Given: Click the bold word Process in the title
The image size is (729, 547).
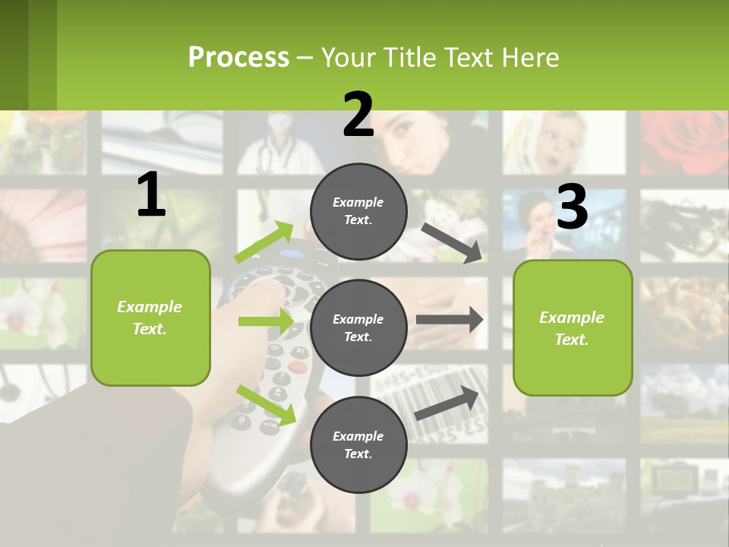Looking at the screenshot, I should coord(238,57).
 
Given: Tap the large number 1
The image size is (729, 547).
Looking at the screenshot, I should coord(151,195).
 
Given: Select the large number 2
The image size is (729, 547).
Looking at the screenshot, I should coord(358,115).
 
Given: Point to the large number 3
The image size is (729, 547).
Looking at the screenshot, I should coord(573,207).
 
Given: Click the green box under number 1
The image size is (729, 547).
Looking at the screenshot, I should coord(150,318).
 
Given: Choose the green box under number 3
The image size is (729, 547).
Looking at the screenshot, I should coord(573,327).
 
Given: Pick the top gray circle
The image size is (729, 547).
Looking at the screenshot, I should coord(358,211).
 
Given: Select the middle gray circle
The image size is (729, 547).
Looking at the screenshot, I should coord(358,327).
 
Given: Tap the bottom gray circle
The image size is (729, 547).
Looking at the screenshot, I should coord(358,444).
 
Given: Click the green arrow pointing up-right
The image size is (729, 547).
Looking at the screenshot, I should coord(264,242).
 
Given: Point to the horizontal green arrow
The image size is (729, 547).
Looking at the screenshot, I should coord(266,321).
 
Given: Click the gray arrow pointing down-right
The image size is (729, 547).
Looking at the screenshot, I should coord(452,243).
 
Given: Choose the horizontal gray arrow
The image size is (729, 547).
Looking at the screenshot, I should coord(450,320).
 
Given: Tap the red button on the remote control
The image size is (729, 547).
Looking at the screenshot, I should coord(298,366).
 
